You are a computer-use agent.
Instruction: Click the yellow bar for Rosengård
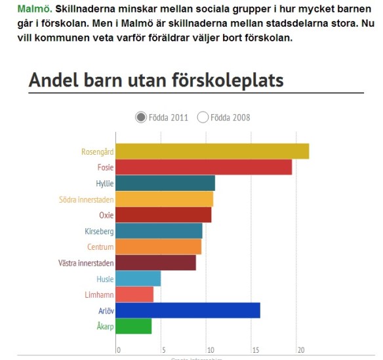(212, 151)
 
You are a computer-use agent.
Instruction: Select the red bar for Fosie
(203, 167)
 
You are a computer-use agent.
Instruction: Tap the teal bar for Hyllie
(165, 184)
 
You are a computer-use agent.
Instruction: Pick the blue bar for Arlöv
(188, 310)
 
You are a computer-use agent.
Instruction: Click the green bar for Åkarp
(134, 326)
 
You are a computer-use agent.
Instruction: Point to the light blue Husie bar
(138, 279)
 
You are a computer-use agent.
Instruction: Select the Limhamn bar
(134, 294)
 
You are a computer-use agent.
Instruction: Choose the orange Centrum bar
(159, 247)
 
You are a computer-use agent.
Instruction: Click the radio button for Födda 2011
(141, 117)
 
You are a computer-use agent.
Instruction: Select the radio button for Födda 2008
(203, 117)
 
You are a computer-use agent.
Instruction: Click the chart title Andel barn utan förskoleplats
(156, 81)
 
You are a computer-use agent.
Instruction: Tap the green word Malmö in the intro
(35, 10)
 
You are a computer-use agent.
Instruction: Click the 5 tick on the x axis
(163, 350)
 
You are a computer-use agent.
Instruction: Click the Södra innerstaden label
(87, 199)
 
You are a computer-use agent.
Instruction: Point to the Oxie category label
(106, 215)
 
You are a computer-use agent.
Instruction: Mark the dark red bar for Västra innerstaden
(155, 263)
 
